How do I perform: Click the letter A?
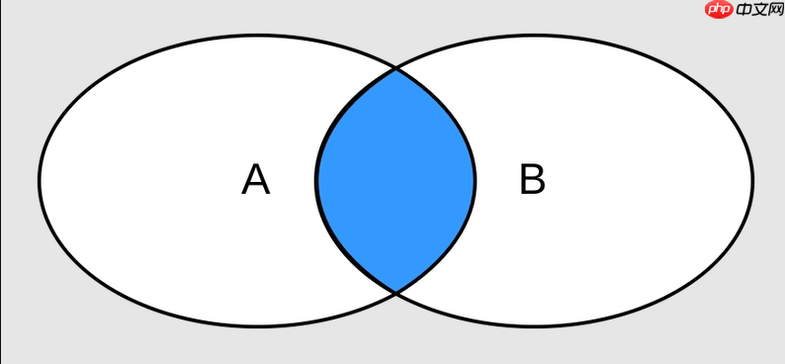click(x=256, y=180)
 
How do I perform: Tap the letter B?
click(x=532, y=179)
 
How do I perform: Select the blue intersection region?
click(x=395, y=180)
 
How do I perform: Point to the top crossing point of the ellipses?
click(x=396, y=68)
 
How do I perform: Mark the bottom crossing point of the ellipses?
click(x=396, y=292)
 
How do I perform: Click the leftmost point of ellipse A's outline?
click(x=39, y=180)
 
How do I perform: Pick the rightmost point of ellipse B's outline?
click(x=752, y=180)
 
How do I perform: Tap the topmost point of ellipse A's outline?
click(x=258, y=35)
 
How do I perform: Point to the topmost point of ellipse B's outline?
click(x=534, y=35)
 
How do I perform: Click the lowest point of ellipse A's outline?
click(x=258, y=326)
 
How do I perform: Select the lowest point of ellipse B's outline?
click(x=534, y=326)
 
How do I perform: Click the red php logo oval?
click(x=720, y=10)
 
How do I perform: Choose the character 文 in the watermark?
click(x=760, y=10)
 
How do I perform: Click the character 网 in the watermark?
click(x=776, y=10)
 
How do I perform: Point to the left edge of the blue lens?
click(x=316, y=180)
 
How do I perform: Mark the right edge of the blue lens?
click(x=475, y=180)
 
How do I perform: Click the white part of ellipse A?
click(x=150, y=180)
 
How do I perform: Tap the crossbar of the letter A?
click(x=256, y=185)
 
